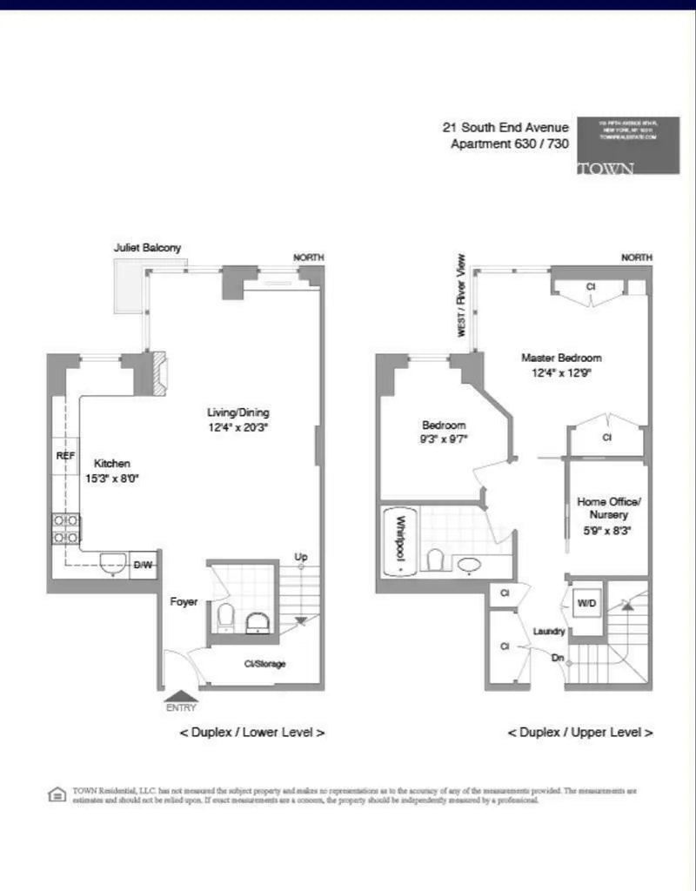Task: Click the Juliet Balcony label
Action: click(x=148, y=248)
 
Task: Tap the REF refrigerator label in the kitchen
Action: click(x=66, y=456)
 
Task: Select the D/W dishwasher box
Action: click(x=143, y=566)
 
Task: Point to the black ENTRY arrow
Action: click(x=181, y=695)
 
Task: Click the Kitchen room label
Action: click(x=112, y=464)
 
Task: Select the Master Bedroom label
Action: click(x=561, y=358)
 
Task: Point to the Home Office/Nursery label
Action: click(x=609, y=508)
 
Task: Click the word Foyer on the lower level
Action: click(x=184, y=601)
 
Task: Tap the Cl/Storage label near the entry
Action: click(x=264, y=664)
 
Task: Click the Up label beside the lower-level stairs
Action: click(x=301, y=557)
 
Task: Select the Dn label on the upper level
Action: click(x=558, y=658)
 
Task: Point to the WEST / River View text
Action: click(x=462, y=296)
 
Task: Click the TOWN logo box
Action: click(x=627, y=145)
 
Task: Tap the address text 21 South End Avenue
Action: click(x=505, y=128)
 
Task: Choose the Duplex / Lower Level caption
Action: click(x=252, y=732)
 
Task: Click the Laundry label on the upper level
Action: click(x=549, y=631)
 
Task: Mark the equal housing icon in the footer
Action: click(x=57, y=794)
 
